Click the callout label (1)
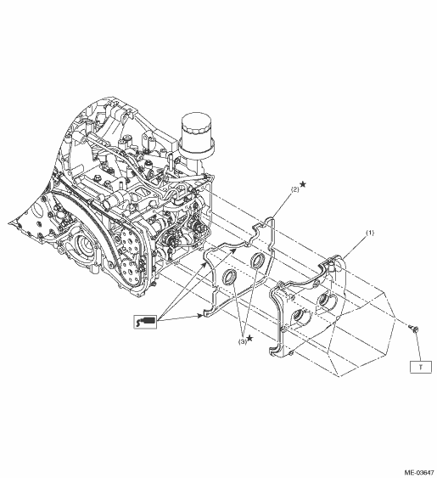[370, 233]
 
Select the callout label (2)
[295, 189]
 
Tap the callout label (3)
[243, 342]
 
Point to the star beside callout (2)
[303, 184]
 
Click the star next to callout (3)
[249, 338]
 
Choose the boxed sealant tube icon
[145, 322]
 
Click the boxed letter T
[421, 367]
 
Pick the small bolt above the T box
[413, 329]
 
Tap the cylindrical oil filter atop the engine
[196, 135]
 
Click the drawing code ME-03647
[419, 473]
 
